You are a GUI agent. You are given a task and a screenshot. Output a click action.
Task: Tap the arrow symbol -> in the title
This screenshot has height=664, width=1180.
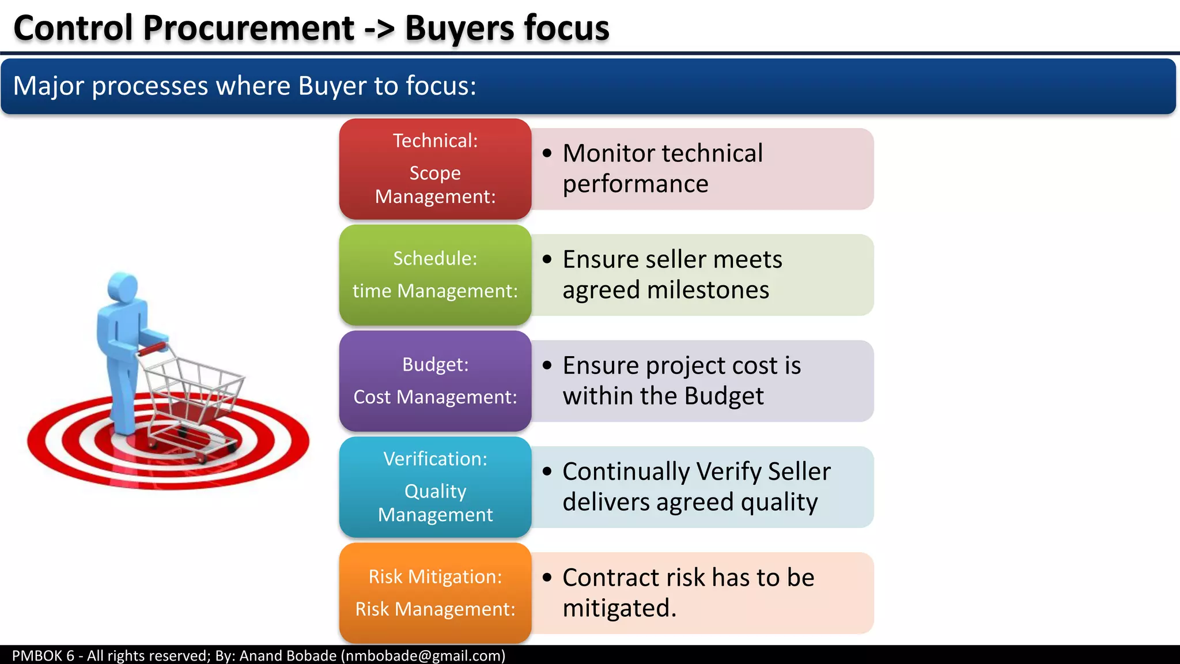[380, 29]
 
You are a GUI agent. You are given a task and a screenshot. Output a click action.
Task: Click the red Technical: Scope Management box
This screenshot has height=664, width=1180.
[435, 168]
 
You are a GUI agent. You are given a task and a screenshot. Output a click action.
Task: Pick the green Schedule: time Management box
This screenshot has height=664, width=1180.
[435, 274]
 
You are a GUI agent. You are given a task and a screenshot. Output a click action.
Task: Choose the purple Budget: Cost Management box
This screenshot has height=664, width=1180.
[435, 380]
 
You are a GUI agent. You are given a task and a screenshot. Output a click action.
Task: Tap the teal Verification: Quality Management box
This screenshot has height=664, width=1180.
[435, 486]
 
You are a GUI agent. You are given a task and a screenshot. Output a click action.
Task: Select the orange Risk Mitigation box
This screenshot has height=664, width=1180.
[435, 593]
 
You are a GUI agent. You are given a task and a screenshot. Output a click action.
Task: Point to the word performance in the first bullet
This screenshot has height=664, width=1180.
[636, 184]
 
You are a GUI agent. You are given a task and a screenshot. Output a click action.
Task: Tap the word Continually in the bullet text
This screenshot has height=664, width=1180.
[626, 471]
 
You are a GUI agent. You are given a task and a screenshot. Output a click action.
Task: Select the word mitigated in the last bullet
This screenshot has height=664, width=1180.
[618, 608]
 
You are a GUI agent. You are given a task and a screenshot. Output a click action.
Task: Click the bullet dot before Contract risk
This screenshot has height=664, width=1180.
[547, 578]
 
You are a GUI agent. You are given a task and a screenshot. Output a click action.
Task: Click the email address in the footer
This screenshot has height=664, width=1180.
[423, 655]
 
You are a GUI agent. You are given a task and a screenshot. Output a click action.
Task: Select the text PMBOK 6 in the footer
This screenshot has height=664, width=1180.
[43, 655]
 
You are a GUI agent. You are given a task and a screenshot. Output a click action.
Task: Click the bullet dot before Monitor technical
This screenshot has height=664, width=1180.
[547, 153]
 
